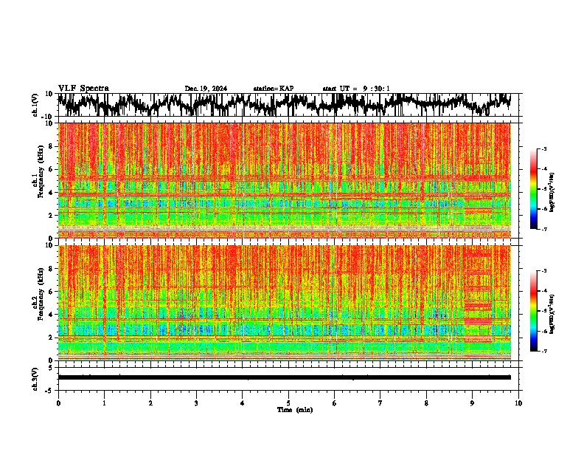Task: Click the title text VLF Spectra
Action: coord(83,88)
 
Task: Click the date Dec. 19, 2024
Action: coord(206,89)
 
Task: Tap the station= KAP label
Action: coord(274,89)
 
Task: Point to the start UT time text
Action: coord(356,89)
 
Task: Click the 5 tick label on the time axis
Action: coord(288,403)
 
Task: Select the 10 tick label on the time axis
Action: coord(518,403)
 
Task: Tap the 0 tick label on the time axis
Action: coord(58,403)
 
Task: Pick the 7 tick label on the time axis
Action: coord(380,403)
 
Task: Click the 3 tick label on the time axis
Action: coord(196,403)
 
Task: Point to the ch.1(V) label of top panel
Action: coord(35,105)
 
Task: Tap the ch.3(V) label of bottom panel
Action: coord(35,377)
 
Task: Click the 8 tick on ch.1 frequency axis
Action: coord(52,146)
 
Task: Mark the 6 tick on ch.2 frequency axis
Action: coord(52,292)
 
